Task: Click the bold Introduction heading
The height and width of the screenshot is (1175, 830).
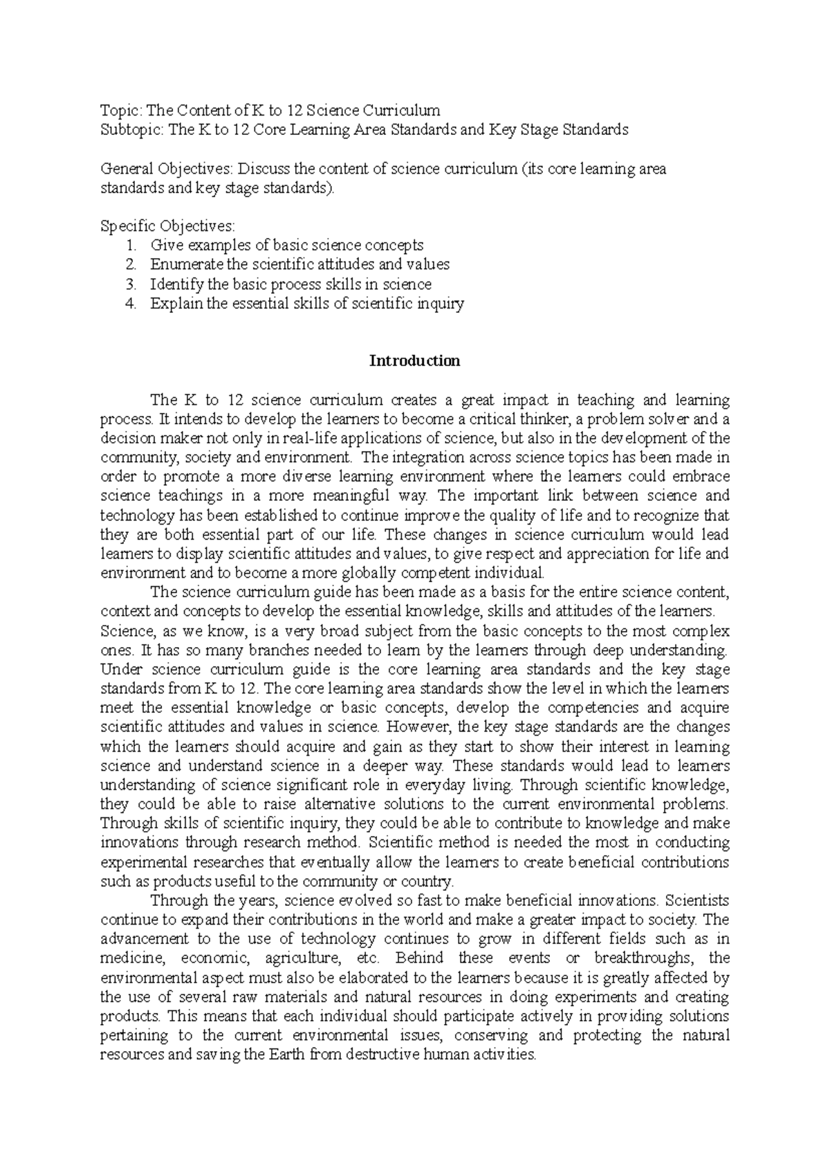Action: (x=414, y=361)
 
